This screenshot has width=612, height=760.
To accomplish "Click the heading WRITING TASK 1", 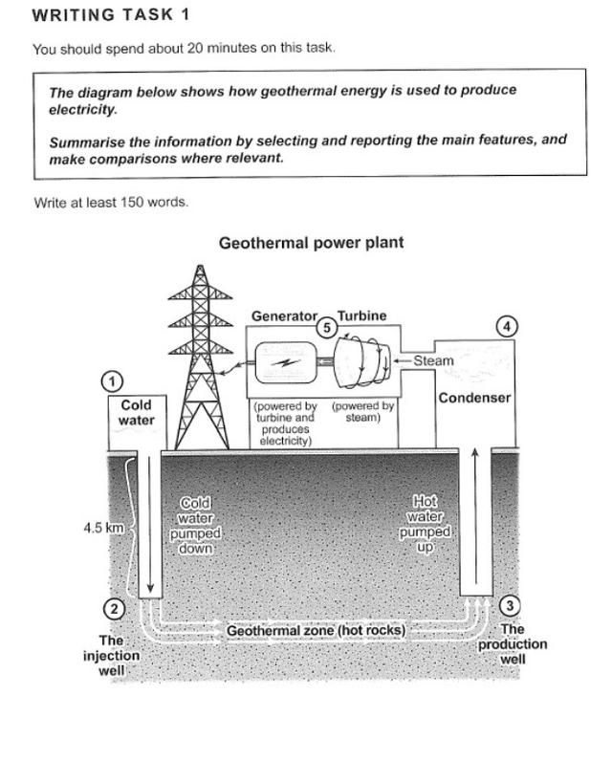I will (111, 14).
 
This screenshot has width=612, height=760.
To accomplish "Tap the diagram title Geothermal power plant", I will (311, 243).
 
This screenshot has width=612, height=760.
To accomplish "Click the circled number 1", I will (113, 381).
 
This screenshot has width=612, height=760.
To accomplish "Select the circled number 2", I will (113, 609).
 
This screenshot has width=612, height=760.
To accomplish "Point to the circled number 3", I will (511, 605).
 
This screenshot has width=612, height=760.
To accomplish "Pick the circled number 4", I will (507, 327).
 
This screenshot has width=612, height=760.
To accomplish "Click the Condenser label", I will (474, 398).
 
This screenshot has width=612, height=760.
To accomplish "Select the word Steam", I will (433, 361).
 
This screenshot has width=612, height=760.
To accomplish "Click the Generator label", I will (283, 315).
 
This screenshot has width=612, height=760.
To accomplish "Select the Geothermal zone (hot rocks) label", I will (316, 631).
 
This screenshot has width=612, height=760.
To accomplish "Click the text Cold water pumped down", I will (195, 526).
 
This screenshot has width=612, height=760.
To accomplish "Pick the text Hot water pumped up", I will (426, 525).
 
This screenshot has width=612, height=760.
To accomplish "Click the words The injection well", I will (111, 656).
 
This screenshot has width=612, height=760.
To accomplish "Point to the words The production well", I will (513, 644).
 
